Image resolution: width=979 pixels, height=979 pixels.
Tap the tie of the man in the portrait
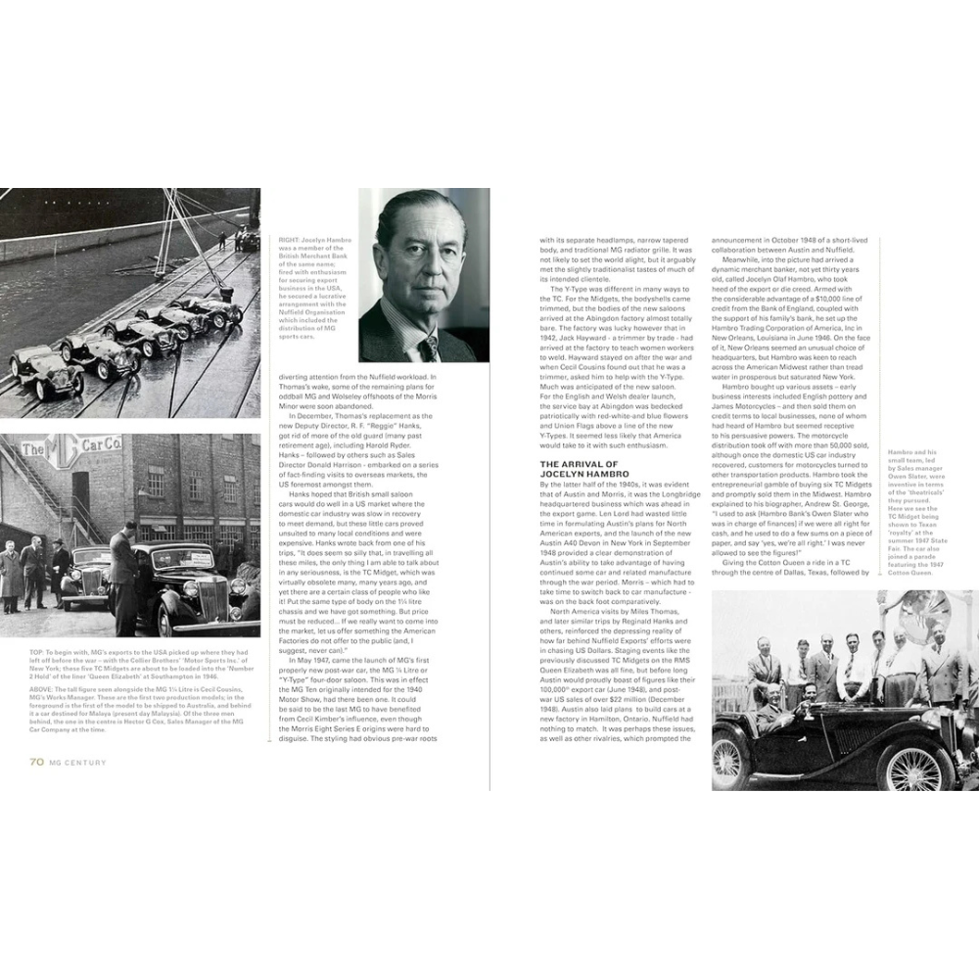click(428, 347)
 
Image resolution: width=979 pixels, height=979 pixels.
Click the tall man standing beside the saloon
click(123, 578)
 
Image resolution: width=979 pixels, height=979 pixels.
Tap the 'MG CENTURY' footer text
click(79, 762)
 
